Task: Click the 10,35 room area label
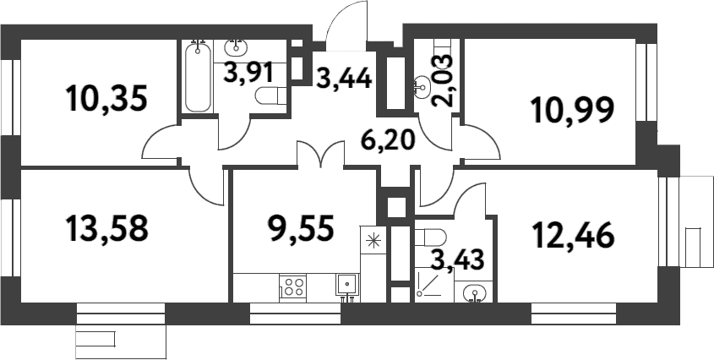point(106,98)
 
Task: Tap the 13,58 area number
point(107,228)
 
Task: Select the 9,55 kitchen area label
point(302,228)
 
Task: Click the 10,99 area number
point(573,110)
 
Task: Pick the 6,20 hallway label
point(388,139)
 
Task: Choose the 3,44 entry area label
point(344,78)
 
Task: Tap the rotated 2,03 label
point(443,80)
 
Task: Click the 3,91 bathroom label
point(248,73)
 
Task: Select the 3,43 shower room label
point(456,260)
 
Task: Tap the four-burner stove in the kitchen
point(292,287)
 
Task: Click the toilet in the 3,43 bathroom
point(430,237)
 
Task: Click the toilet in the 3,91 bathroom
point(270,96)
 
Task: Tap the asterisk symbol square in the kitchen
point(373,240)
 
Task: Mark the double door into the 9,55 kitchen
point(320,154)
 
